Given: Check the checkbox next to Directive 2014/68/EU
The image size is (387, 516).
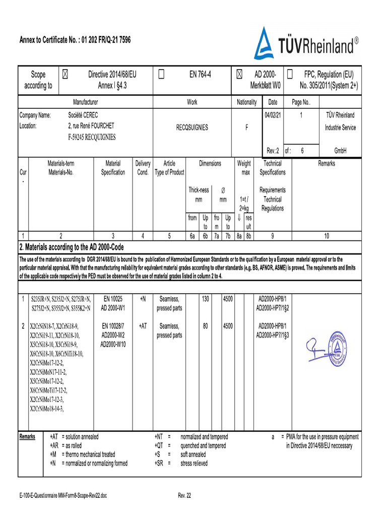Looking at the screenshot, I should (x=66, y=75).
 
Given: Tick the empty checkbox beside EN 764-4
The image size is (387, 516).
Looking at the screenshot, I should (x=161, y=75).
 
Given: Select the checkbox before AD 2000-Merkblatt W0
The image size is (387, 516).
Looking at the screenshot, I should (x=239, y=75).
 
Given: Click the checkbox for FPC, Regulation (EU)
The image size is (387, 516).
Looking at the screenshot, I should (x=290, y=75).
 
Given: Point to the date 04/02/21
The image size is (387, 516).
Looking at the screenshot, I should (x=273, y=115).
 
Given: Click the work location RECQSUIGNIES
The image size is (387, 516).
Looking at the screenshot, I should (x=192, y=128).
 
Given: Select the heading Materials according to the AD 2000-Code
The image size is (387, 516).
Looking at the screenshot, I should (x=71, y=247).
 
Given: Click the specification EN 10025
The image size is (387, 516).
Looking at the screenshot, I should (x=113, y=299).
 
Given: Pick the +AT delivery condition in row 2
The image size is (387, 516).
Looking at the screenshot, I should (x=143, y=326).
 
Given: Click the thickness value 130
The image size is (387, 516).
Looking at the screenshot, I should (x=206, y=299).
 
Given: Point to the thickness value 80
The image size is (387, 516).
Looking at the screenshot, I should (x=206, y=326).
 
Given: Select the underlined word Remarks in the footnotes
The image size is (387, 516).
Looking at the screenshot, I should (x=27, y=437).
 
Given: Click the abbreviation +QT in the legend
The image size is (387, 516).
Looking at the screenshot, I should (x=159, y=446).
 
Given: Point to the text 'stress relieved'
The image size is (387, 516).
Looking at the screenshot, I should (x=194, y=464).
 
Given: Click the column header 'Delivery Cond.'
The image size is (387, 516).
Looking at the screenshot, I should (x=143, y=168).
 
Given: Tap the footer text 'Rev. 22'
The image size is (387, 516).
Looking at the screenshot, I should (x=184, y=496).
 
